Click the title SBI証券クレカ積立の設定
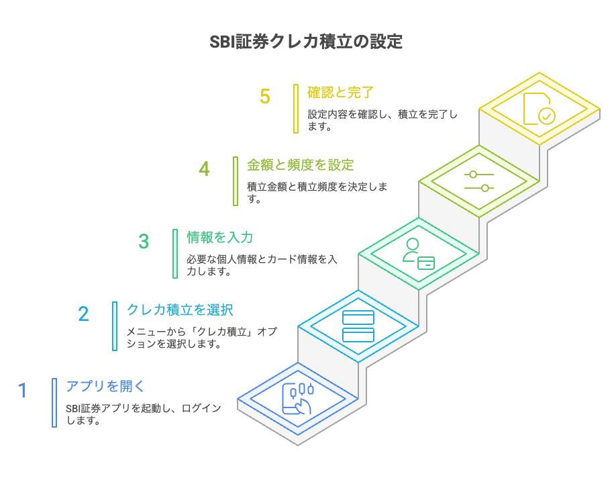[307, 42]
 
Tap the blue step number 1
[23, 390]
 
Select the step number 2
[83, 314]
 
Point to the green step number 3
[144, 241]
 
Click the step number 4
[204, 169]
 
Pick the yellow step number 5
[265, 97]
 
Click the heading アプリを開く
[105, 386]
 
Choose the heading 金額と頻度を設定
[300, 164]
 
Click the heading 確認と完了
[340, 92]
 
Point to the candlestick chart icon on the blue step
[298, 399]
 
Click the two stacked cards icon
[358, 326]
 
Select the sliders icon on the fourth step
[478, 181]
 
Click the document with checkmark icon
[539, 108]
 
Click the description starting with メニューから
[202, 338]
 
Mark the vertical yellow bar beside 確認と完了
[295, 109]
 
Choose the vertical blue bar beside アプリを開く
[54, 403]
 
